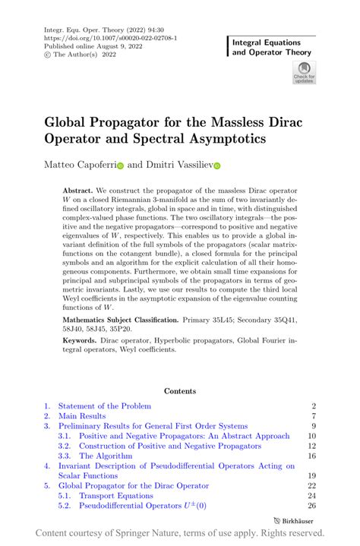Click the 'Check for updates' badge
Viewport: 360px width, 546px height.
tap(305, 73)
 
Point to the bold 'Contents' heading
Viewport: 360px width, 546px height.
tap(179, 391)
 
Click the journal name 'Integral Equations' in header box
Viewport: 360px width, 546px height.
tap(266, 43)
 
